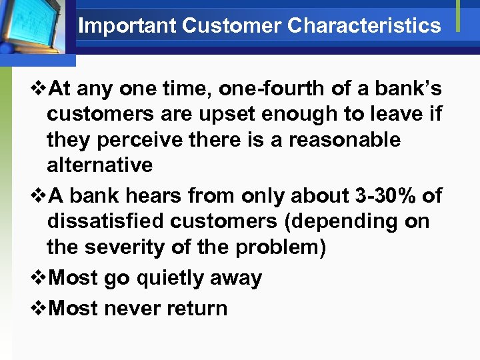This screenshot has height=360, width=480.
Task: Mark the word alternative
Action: (x=99, y=165)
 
